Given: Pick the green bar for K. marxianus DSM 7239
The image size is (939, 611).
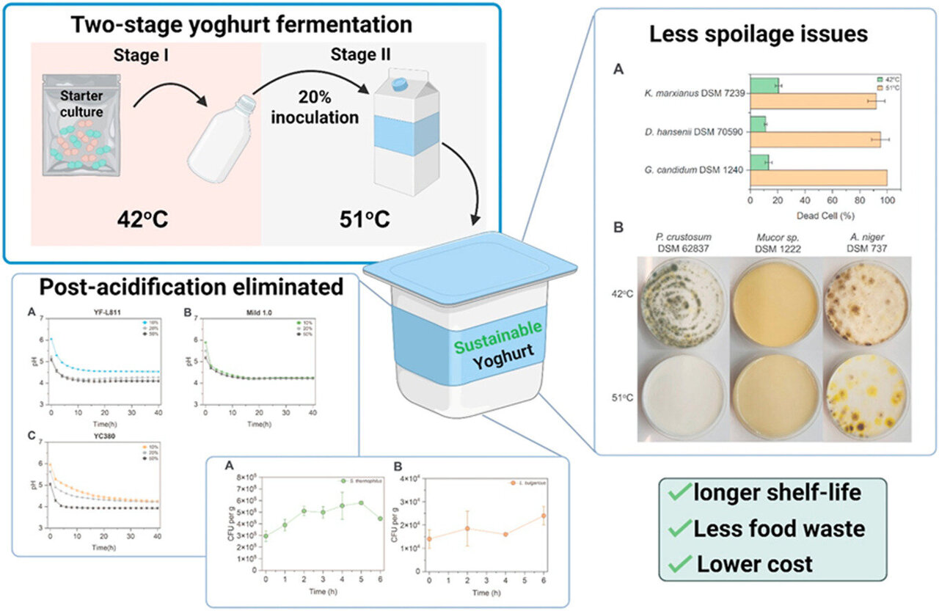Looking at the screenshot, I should (764, 86).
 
